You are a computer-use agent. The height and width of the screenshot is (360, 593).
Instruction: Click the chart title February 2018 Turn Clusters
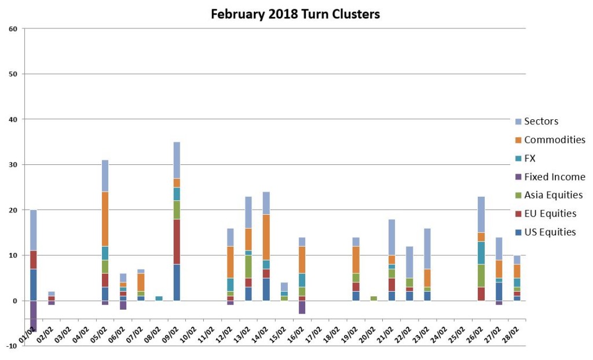coord(295,13)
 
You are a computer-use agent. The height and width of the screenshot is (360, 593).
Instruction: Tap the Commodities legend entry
coord(554,139)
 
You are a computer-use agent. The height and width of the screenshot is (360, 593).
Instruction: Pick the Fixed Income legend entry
coord(554,177)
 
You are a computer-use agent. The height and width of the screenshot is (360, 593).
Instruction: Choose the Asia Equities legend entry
coord(553,195)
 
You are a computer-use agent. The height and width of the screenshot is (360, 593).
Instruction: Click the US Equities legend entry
coord(550,232)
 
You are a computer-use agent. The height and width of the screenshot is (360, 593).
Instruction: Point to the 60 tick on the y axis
coord(13,28)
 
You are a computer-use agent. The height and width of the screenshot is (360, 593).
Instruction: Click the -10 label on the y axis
coord(12,346)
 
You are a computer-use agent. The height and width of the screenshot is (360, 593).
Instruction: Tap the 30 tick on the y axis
coord(13,164)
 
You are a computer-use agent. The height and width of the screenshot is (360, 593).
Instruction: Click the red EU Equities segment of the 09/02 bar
coord(177,242)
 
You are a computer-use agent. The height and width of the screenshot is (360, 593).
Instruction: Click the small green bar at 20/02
coord(374,299)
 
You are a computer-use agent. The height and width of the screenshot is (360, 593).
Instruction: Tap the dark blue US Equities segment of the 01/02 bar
coord(34,285)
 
